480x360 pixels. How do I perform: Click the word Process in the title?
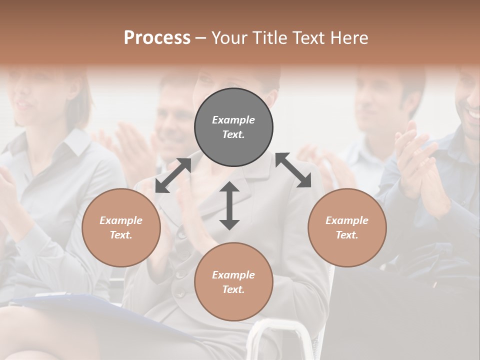click(157, 38)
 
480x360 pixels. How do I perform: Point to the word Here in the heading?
click(348, 38)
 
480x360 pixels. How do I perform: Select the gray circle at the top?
click(233, 127)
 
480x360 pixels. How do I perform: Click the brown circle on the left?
click(121, 227)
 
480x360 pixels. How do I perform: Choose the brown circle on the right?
click(347, 227)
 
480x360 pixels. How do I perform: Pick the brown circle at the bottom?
click(233, 282)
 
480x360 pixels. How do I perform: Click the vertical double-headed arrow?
click(229, 205)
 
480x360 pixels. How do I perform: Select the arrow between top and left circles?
click(173, 175)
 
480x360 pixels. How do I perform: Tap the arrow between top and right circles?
click(293, 170)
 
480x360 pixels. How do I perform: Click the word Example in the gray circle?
click(233, 120)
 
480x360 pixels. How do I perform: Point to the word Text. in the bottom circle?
click(233, 289)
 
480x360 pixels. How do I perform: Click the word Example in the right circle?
click(347, 220)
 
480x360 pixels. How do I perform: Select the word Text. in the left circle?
click(121, 235)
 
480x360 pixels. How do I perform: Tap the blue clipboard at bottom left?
click(65, 303)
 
